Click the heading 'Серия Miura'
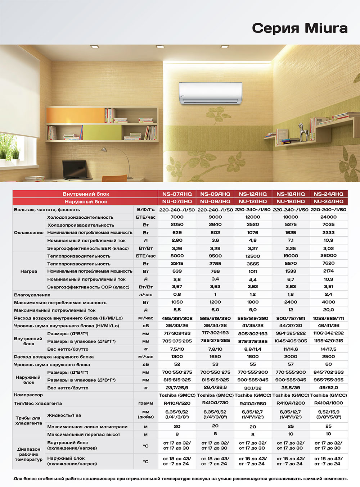tap(300, 28)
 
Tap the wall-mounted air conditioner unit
tap(211, 93)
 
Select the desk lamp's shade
tap(104, 149)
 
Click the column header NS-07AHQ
tap(177, 194)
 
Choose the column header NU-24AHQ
tap(328, 201)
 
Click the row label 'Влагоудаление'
tap(32, 295)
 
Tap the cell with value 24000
tap(328, 217)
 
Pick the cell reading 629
tap(177, 233)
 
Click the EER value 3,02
tap(328, 248)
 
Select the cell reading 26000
tap(328, 256)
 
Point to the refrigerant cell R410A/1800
tap(328, 403)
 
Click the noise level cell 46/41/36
tap(328, 326)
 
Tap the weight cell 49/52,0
tap(328, 388)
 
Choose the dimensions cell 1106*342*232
tap(328, 333)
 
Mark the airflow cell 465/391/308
tap(177, 318)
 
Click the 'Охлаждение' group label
tap(29, 233)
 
